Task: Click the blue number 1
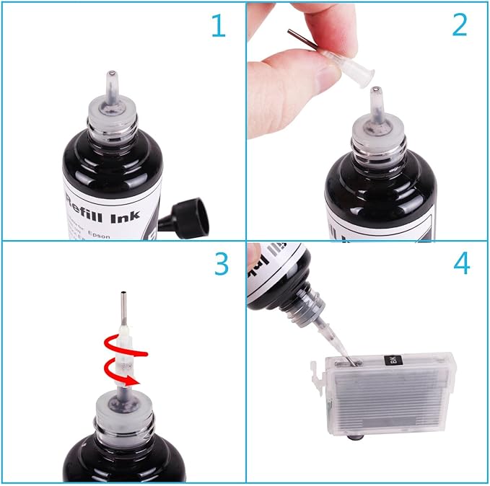coord(217,27)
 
